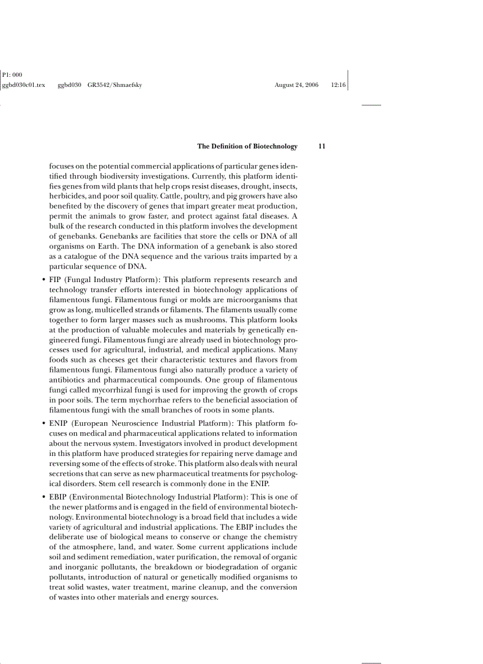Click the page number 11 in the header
322,146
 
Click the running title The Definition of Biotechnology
247,146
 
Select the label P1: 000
12,75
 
